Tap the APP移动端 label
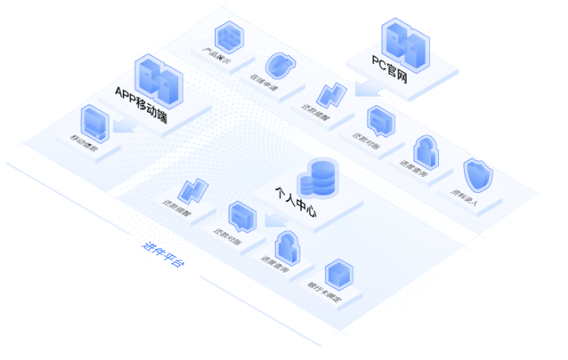click(x=140, y=102)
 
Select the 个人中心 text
click(x=295, y=202)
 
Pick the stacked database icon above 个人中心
click(x=321, y=176)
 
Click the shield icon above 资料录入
click(x=475, y=174)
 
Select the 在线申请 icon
click(x=278, y=65)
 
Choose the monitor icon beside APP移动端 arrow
click(x=94, y=122)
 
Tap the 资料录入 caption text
click(x=463, y=199)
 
